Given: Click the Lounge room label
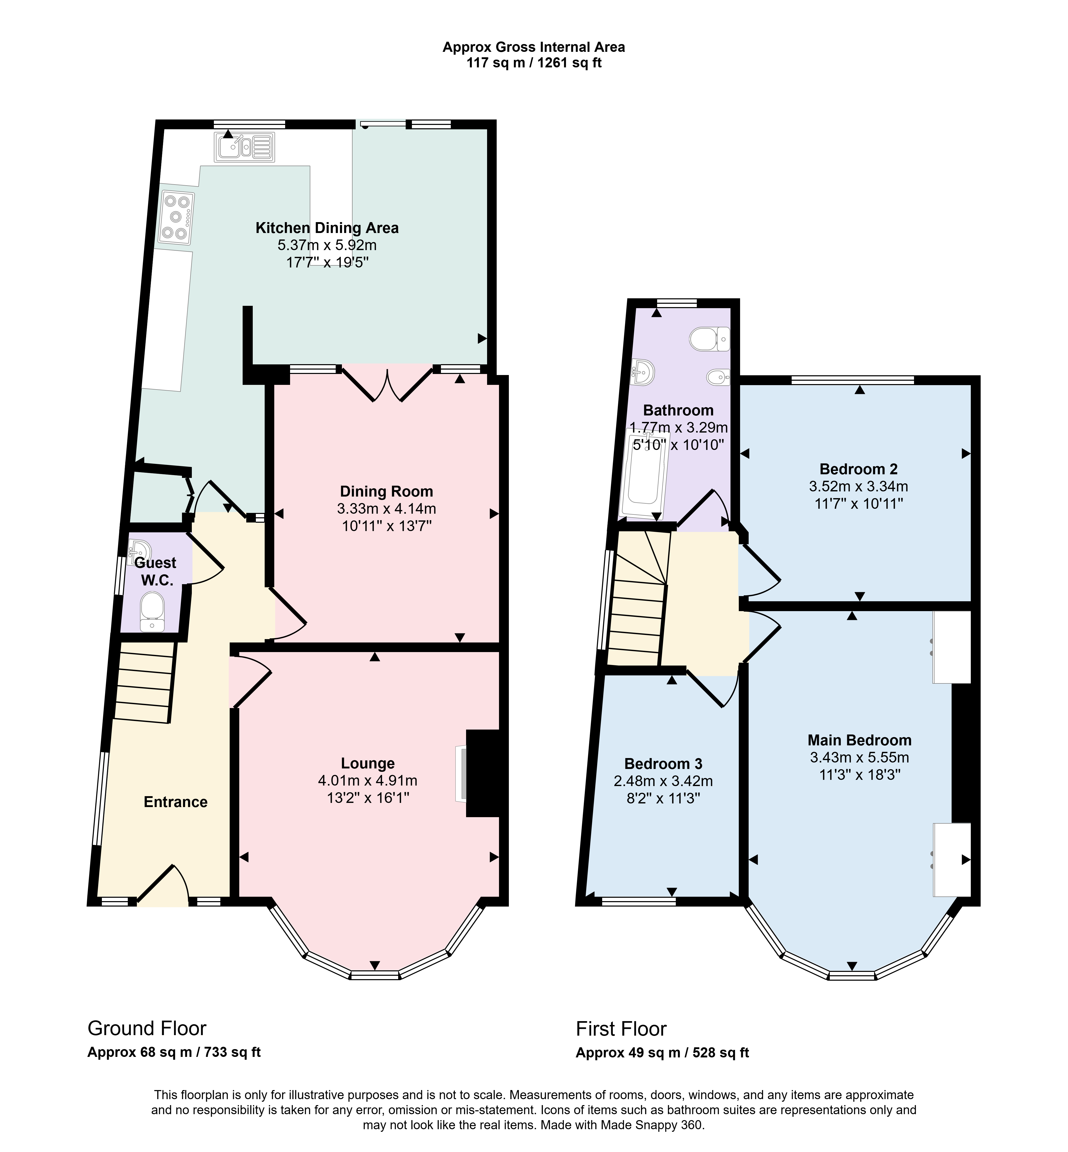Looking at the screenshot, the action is (368, 764).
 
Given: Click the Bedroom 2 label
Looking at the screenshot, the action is (858, 469).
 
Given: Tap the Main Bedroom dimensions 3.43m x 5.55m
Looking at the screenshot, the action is (859, 757).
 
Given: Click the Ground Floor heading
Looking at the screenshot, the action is (147, 1028).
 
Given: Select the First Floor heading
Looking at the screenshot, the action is (621, 1029).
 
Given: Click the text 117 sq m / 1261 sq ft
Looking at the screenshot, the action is (534, 63).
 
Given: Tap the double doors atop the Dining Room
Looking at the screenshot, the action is (387, 383).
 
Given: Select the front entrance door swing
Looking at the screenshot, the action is (163, 886).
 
